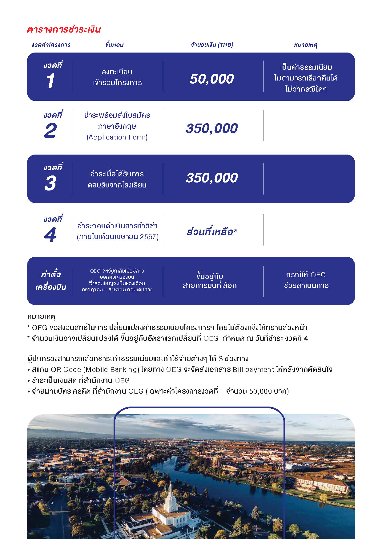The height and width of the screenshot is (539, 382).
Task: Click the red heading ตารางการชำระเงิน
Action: click(64, 30)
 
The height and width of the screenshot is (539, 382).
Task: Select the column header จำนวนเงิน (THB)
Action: click(212, 45)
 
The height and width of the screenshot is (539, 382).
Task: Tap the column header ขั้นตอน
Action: click(114, 45)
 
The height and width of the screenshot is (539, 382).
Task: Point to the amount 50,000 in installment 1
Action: click(212, 79)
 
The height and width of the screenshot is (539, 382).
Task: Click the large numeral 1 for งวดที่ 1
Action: click(50, 81)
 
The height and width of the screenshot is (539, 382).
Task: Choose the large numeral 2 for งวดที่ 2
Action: click(50, 131)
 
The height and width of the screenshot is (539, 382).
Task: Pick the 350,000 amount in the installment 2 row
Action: click(212, 128)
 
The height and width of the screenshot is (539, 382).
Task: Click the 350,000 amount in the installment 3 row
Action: click(212, 178)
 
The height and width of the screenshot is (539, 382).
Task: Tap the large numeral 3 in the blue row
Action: click(50, 183)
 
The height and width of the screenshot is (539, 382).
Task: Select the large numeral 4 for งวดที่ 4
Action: click(50, 235)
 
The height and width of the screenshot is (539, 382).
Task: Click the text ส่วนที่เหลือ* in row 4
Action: click(212, 232)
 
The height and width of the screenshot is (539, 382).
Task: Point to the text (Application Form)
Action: click(117, 137)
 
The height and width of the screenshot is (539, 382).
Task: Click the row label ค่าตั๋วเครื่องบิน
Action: click(51, 281)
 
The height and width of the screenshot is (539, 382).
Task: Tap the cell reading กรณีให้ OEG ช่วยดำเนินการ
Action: click(306, 280)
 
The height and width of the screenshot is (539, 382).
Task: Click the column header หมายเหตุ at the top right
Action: click(305, 45)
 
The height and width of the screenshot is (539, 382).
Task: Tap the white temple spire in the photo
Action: click(170, 495)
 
